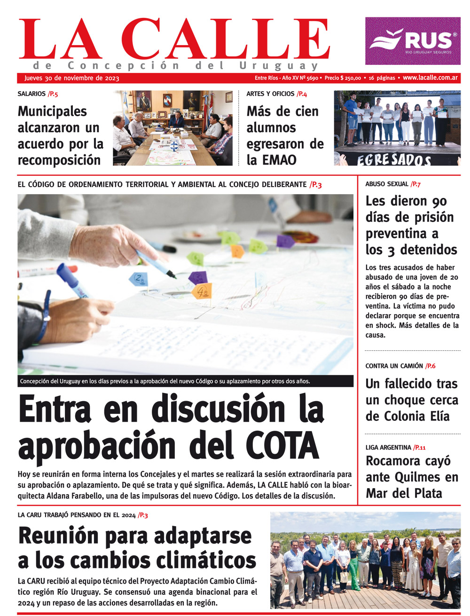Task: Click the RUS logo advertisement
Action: [x=413, y=41]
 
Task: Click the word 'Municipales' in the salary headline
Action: [x=52, y=111]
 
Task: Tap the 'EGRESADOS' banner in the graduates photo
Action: [x=394, y=160]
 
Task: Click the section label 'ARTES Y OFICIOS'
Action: [x=270, y=94]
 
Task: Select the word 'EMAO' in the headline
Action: [x=279, y=160]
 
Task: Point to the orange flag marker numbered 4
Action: [x=201, y=291]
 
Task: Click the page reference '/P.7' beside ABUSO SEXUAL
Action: [x=415, y=184]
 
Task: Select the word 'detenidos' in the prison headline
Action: [x=428, y=250]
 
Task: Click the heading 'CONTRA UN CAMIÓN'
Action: [x=394, y=366]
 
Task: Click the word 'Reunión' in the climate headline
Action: [x=59, y=536]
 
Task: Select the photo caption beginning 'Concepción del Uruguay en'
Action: [x=164, y=381]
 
